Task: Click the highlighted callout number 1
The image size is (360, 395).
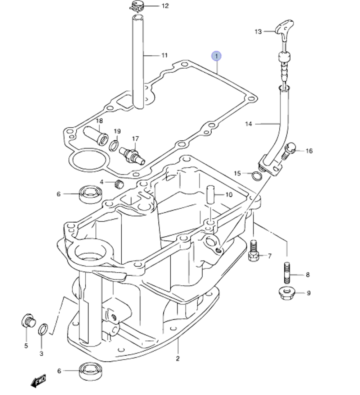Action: pos(216,56)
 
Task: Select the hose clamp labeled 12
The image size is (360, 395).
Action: pos(138,6)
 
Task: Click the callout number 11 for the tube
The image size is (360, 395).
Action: pos(164,55)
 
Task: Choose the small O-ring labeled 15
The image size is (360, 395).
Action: pos(256,176)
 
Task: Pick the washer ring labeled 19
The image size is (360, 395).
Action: pos(114,145)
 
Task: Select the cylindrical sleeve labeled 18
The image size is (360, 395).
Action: pos(96,135)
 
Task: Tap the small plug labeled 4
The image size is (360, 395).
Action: pos(118,185)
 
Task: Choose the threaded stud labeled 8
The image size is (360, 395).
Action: pos(287,272)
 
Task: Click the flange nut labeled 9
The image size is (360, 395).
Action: pos(287,293)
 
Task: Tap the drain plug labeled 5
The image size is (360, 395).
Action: pos(28,321)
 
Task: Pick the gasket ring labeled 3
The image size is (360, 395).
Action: pos(43,329)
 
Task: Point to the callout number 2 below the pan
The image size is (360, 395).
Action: pos(177,358)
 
